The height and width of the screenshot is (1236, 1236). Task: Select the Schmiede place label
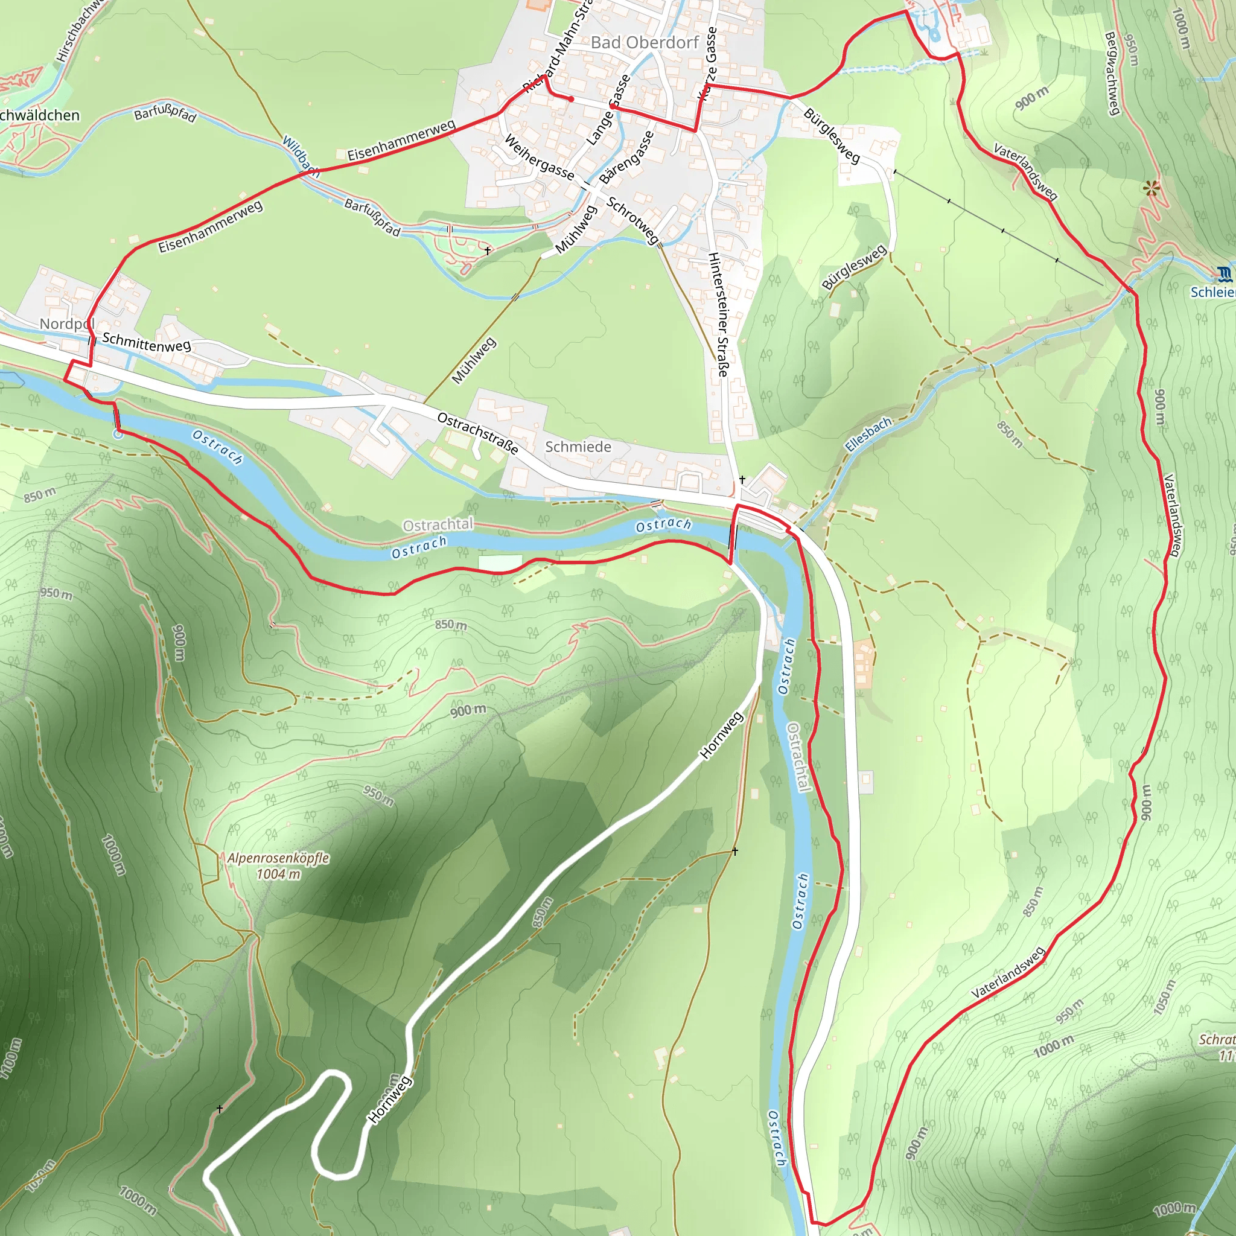click(x=578, y=447)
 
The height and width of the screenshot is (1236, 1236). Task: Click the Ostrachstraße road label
click(x=477, y=433)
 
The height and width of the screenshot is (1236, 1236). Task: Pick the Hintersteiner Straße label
click(x=718, y=314)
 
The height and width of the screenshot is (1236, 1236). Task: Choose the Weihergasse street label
click(x=539, y=157)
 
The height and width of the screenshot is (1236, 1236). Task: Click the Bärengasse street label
click(x=627, y=158)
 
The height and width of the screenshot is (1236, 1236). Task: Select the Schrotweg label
click(x=632, y=221)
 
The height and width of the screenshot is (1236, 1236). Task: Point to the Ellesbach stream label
click(x=868, y=435)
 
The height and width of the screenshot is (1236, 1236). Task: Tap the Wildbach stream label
click(x=301, y=156)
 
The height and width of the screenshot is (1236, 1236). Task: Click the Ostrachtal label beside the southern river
click(x=799, y=757)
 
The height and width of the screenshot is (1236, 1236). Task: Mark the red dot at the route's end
click(x=572, y=99)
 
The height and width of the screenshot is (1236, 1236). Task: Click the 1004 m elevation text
click(x=278, y=874)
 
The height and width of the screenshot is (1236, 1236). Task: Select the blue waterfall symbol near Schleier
click(x=1224, y=275)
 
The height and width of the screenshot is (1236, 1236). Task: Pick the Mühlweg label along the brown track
click(x=474, y=361)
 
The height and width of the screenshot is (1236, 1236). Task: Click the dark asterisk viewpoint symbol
click(x=1152, y=188)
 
